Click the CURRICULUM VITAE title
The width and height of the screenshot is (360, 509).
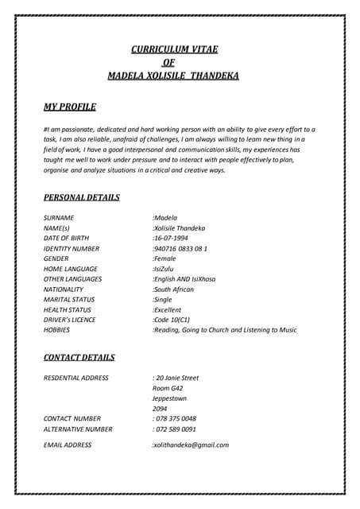click(173, 49)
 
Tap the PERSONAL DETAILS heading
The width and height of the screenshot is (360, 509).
click(82, 197)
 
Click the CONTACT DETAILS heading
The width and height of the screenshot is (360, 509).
click(79, 358)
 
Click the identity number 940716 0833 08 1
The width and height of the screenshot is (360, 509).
click(180, 248)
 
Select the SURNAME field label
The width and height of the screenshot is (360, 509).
click(59, 217)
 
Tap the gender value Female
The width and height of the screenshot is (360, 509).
click(166, 258)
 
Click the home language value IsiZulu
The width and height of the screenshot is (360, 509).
click(166, 269)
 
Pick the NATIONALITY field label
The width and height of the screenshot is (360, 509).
click(64, 289)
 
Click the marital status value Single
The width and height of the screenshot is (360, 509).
click(165, 300)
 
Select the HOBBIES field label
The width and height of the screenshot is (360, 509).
click(56, 330)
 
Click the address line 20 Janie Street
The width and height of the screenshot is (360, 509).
click(176, 378)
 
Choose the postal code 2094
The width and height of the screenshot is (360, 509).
click(160, 409)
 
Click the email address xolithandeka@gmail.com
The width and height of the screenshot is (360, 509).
click(191, 445)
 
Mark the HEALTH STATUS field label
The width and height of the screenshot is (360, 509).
click(68, 310)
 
